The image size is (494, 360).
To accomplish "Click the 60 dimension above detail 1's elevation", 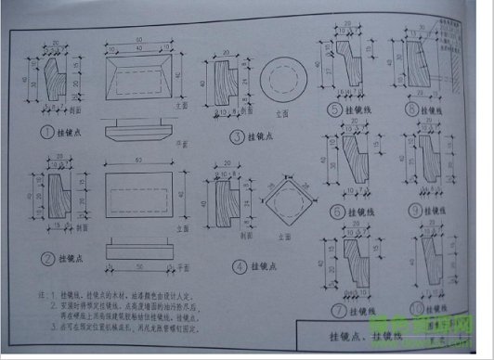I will point(139,41).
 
